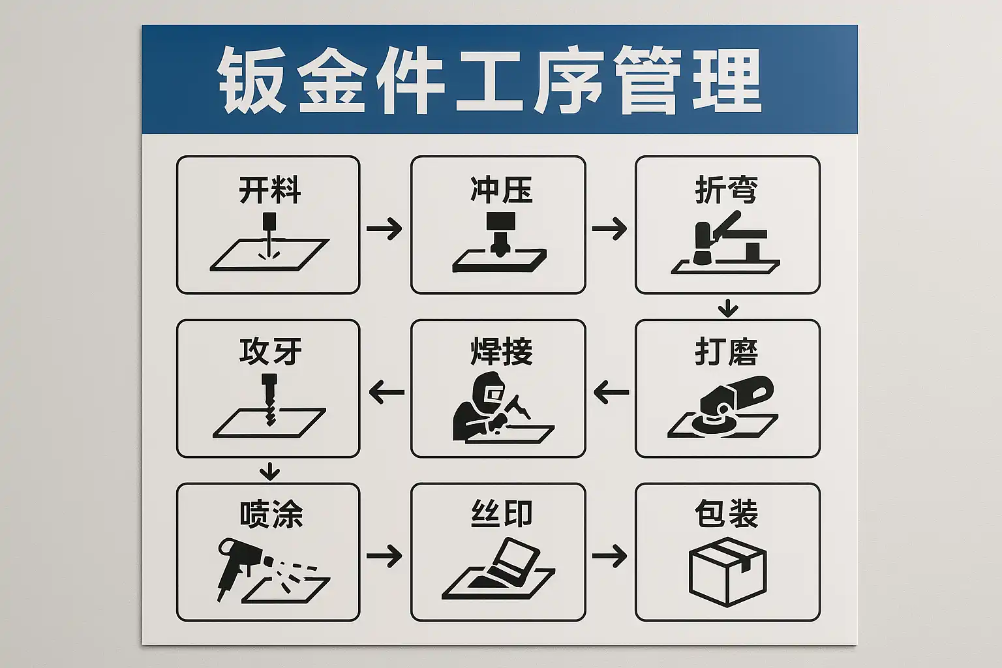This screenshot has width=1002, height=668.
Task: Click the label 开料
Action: tap(269, 190)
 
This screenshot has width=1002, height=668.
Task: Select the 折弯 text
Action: tap(727, 190)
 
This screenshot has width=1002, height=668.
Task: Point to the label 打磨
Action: tap(727, 352)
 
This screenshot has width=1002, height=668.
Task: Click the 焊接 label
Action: tap(501, 352)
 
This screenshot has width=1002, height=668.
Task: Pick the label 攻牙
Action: tap(270, 352)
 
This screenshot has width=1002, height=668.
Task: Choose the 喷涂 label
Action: tap(271, 515)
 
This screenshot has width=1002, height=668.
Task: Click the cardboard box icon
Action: tap(728, 572)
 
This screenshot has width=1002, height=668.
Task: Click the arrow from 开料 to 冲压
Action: tap(384, 228)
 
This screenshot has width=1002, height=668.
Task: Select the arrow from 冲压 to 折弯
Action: tap(609, 228)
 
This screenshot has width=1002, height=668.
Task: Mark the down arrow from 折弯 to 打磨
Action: tap(728, 308)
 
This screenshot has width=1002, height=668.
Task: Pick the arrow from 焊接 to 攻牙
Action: tap(386, 392)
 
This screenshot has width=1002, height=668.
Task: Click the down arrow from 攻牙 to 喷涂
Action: tap(269, 471)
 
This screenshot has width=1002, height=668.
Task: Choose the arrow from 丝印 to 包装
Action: tap(609, 556)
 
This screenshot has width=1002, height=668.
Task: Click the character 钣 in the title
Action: tap(251, 80)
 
